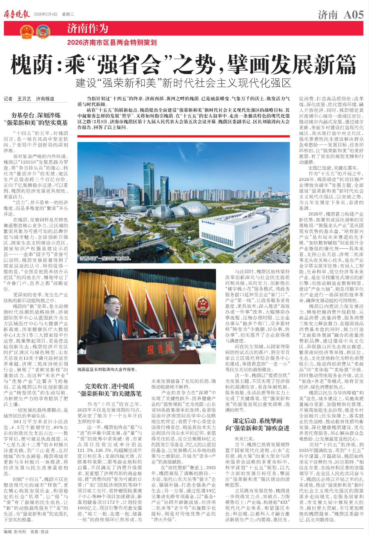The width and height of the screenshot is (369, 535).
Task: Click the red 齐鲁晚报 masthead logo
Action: [x=17, y=14]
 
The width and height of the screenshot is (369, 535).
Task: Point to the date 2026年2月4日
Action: [x=46, y=14]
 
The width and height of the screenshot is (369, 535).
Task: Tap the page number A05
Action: [x=353, y=14]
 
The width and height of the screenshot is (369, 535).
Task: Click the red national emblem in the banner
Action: [x=27, y=31]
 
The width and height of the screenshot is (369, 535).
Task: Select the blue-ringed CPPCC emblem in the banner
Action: [x=43, y=31]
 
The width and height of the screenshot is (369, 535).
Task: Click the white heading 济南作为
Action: [x=87, y=28]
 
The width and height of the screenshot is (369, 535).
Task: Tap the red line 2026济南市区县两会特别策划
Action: [x=112, y=43]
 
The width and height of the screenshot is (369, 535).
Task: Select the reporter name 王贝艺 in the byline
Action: [x=24, y=99]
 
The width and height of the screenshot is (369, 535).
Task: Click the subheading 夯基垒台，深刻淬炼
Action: [x=36, y=115]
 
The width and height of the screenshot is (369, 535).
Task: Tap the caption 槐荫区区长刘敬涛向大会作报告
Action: [x=107, y=369]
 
